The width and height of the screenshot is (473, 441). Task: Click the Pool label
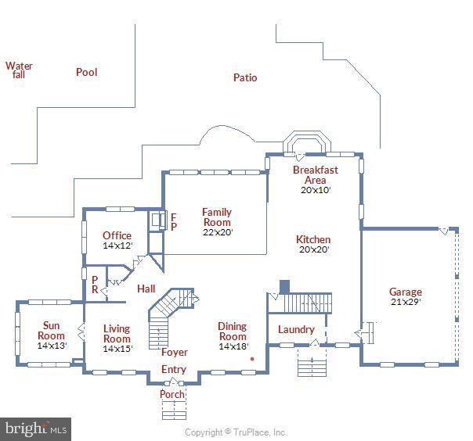click(86, 72)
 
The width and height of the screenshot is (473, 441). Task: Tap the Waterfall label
click(19, 70)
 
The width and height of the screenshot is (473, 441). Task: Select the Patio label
click(245, 77)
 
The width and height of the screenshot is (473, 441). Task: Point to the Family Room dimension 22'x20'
click(217, 231)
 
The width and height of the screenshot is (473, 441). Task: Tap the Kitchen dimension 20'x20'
click(313, 249)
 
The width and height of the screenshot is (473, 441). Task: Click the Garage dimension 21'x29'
click(406, 302)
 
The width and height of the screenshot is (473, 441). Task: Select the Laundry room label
click(296, 329)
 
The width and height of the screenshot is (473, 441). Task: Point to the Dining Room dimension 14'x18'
click(233, 346)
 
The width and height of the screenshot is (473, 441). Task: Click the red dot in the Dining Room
click(252, 359)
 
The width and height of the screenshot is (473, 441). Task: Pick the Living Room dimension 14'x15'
click(117, 349)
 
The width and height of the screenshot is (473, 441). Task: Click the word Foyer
click(174, 353)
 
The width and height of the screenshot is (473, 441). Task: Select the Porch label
click(172, 394)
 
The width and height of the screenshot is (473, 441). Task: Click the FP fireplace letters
click(174, 221)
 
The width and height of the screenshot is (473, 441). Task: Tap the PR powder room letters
click(95, 284)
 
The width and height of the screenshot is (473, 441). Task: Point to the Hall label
click(146, 289)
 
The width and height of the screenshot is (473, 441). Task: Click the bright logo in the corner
click(36, 428)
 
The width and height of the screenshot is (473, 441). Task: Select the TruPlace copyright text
click(236, 432)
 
